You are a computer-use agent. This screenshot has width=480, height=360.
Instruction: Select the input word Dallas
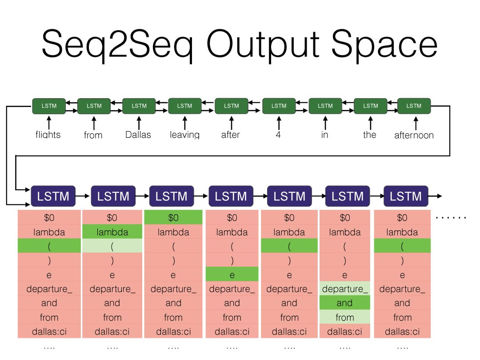138,135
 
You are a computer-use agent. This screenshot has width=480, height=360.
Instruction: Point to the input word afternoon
414,135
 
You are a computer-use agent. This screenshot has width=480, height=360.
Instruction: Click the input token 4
278,135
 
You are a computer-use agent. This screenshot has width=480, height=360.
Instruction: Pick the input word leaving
184,135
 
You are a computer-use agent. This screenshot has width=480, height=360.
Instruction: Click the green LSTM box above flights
49,106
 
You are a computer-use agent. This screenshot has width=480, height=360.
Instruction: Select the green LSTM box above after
231,106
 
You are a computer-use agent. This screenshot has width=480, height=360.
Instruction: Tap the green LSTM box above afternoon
414,106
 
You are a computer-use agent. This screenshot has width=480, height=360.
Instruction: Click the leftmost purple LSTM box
53,196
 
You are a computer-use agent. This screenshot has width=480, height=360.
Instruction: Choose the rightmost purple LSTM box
405,196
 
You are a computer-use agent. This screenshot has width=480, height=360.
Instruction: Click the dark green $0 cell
173,217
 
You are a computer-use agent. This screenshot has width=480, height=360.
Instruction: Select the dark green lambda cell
112,232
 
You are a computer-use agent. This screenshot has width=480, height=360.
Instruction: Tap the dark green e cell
232,275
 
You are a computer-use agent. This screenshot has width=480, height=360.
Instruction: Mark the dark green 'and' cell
344,303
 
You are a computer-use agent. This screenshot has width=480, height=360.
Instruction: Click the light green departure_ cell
344,289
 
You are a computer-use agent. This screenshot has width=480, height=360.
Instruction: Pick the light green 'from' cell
344,317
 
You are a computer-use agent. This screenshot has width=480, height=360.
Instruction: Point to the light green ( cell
112,246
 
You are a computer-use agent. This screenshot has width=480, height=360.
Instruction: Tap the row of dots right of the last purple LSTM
451,217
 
